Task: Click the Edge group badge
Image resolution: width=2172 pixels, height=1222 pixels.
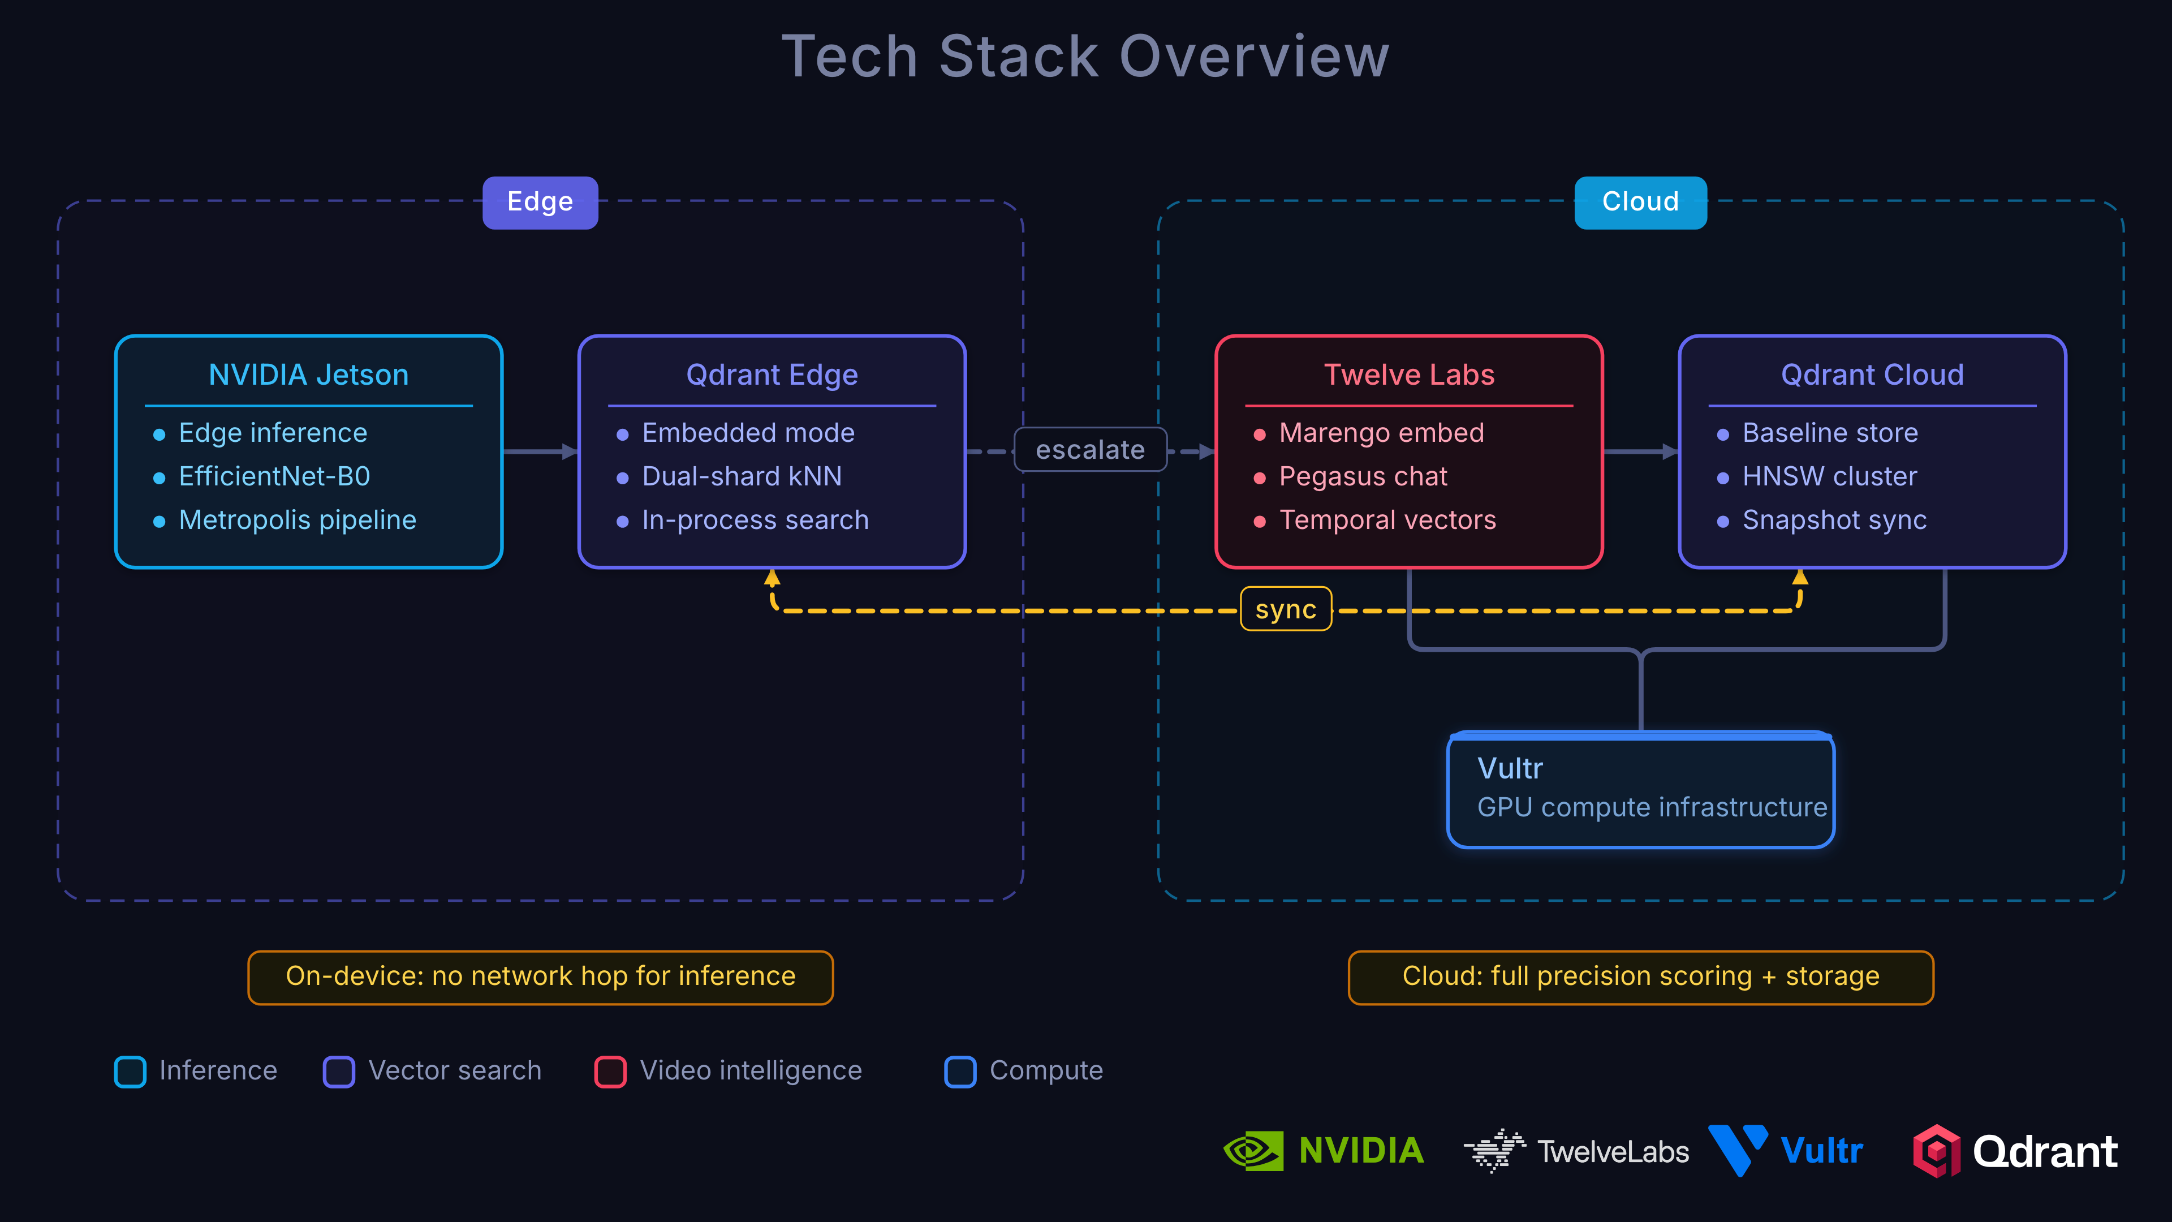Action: (x=540, y=203)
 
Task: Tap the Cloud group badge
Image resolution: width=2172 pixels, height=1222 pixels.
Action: (x=1640, y=203)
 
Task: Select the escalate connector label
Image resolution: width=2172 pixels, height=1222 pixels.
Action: (x=1089, y=450)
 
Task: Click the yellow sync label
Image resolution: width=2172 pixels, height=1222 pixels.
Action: (x=1285, y=609)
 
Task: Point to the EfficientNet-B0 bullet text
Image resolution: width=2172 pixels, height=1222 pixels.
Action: (x=274, y=476)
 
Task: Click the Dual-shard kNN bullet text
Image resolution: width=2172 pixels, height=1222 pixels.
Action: (x=741, y=476)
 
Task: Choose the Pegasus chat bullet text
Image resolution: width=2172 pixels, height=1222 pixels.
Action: (x=1363, y=476)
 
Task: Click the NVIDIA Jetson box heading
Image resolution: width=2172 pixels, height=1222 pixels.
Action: (x=309, y=375)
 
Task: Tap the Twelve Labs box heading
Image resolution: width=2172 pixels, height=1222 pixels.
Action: (x=1409, y=375)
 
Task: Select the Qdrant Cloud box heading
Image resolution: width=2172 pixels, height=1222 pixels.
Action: (x=1872, y=375)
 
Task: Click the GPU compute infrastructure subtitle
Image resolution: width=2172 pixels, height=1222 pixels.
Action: (x=1652, y=807)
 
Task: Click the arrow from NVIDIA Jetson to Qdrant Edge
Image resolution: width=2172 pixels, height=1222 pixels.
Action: (x=540, y=452)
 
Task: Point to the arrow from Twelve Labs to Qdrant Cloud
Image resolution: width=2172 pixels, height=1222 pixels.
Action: (x=1640, y=452)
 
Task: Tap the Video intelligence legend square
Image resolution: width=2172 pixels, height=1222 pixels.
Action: (x=610, y=1071)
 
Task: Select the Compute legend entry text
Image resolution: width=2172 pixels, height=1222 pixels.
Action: (x=1045, y=1071)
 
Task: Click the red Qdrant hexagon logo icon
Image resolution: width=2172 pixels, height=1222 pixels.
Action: (x=1936, y=1151)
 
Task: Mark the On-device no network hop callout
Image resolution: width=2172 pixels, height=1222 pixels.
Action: (x=541, y=976)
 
